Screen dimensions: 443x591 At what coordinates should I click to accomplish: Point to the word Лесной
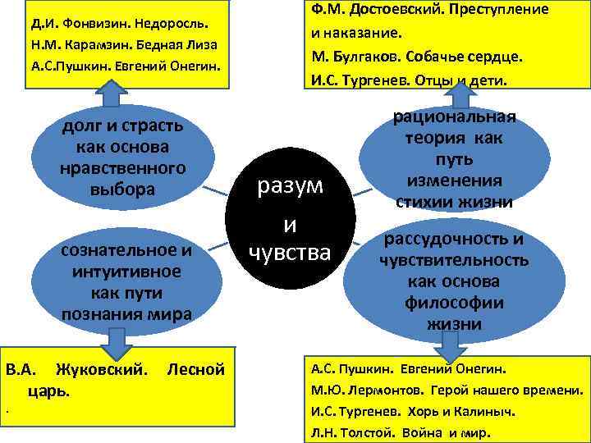195,369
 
